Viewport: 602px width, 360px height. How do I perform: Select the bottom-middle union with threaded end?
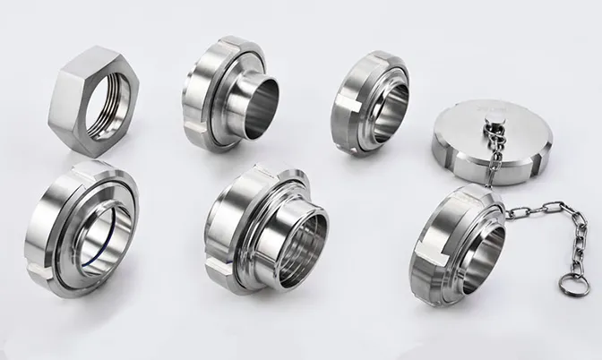pos(265,233)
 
